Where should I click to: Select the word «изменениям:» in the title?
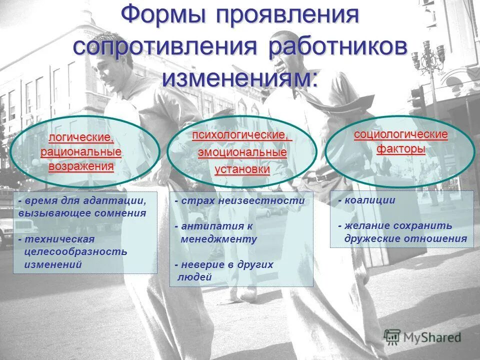tap(240, 78)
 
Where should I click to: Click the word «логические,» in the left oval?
tap(81, 137)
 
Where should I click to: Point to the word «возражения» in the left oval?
tap(81, 166)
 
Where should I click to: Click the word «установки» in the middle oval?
tap(242, 169)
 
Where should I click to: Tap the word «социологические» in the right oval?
tap(400, 134)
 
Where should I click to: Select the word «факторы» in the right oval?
tap(400, 149)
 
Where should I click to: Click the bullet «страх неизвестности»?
tap(242, 200)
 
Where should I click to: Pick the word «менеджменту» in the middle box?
tap(218, 239)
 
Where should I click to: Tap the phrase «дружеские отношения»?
tap(405, 238)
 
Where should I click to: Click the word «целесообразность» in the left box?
tap(76, 251)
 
